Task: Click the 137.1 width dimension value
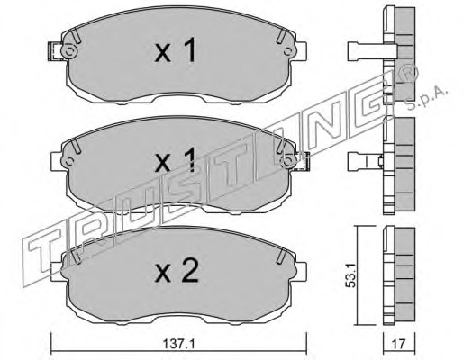178,344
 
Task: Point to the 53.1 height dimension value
350,274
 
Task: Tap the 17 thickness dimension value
399,344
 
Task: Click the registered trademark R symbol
411,75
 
